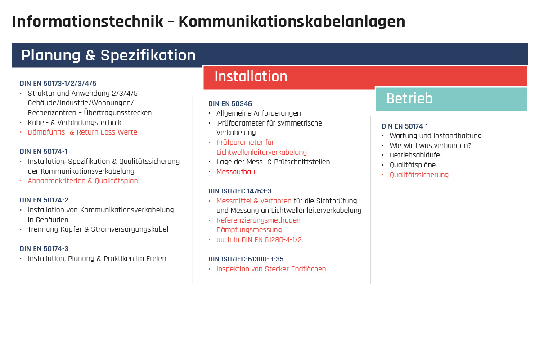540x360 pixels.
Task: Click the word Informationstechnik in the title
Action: (x=87, y=22)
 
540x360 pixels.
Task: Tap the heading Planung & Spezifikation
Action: (x=108, y=55)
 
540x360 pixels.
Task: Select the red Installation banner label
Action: (x=251, y=77)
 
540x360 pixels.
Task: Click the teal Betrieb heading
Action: (x=409, y=99)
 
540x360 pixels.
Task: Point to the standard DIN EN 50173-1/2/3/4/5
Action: (x=58, y=84)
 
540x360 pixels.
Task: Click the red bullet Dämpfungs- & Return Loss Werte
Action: (x=82, y=132)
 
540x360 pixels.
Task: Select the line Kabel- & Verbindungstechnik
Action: (x=74, y=122)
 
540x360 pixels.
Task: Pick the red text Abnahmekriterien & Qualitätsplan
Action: (x=83, y=181)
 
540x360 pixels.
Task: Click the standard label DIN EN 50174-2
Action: (x=44, y=200)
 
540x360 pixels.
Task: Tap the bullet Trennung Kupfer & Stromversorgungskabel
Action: (x=98, y=229)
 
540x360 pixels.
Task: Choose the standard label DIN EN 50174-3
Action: (x=44, y=249)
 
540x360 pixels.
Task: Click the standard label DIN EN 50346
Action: (x=230, y=104)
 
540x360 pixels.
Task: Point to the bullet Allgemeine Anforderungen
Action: (x=258, y=113)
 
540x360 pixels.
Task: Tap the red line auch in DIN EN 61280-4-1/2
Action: (x=259, y=240)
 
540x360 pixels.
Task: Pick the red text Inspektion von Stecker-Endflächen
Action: (x=271, y=269)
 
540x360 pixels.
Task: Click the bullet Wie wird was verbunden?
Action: (x=430, y=146)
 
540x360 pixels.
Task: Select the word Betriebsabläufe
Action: (x=414, y=155)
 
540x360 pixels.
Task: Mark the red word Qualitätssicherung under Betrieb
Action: (x=419, y=175)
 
